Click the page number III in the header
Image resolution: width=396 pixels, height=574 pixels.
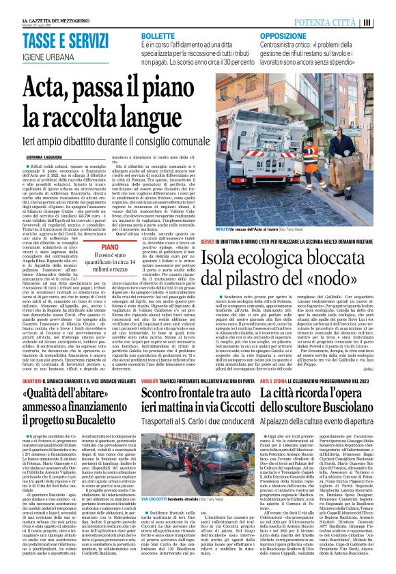386,22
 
